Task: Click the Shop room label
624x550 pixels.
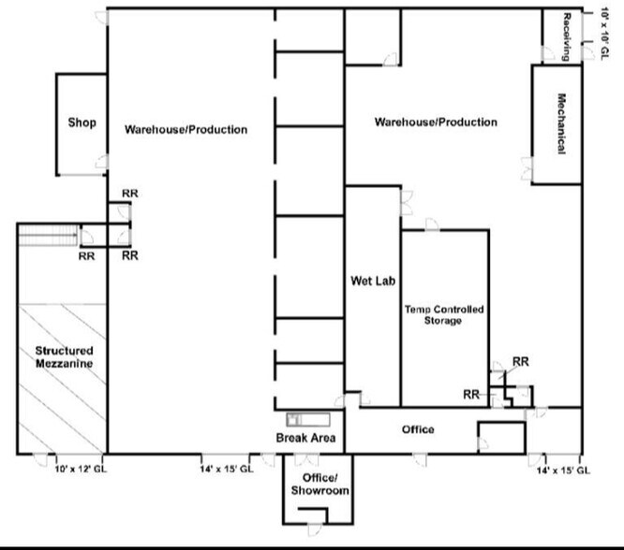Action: click(x=82, y=123)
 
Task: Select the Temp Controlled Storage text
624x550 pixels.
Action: click(x=444, y=314)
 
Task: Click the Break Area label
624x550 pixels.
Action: click(x=305, y=438)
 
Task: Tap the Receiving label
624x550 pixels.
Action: click(x=567, y=36)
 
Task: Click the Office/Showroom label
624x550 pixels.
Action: click(x=319, y=485)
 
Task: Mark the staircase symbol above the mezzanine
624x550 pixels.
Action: click(x=46, y=237)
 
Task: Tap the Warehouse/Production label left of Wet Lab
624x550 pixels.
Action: click(x=436, y=123)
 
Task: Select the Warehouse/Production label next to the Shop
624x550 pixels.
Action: click(x=186, y=129)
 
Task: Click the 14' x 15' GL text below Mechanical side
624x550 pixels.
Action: click(x=563, y=470)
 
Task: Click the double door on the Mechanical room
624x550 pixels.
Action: click(x=527, y=168)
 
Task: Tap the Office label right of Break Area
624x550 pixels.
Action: click(x=418, y=429)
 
